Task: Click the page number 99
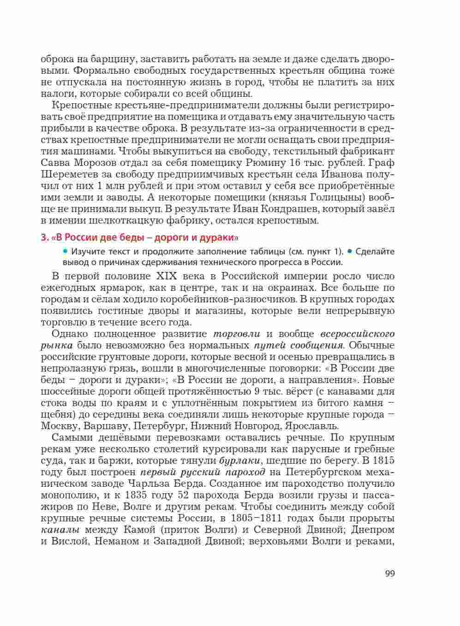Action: click(x=389, y=574)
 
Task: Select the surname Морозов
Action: click(x=99, y=163)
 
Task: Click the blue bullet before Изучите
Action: click(x=65, y=251)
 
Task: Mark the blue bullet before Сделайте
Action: click(x=350, y=251)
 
